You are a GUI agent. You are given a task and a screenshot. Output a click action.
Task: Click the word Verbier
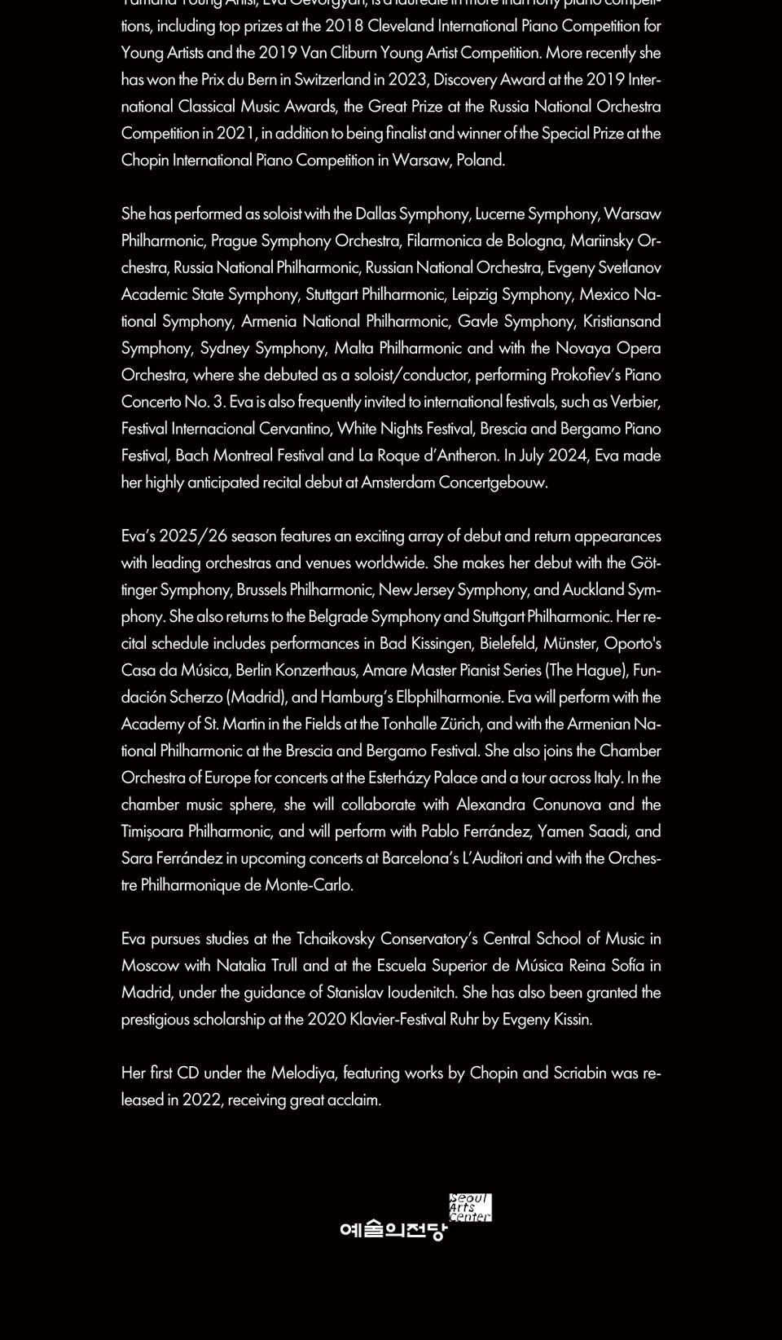point(634,403)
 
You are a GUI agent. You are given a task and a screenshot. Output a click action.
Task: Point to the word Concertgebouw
point(492,483)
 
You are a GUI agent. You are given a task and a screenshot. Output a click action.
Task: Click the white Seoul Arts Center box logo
point(470,1208)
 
